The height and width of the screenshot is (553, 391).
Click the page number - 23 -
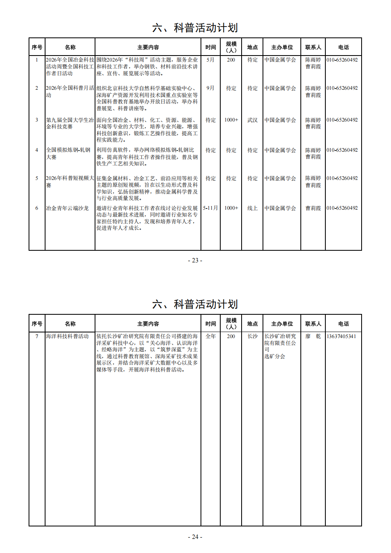(195, 260)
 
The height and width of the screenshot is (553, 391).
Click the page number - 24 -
(195, 537)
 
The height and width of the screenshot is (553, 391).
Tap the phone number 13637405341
(341, 336)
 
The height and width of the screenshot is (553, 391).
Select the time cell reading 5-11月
(210, 208)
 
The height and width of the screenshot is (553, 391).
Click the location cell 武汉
(252, 120)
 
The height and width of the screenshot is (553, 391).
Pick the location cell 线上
(252, 208)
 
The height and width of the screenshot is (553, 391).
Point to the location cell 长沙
(252, 336)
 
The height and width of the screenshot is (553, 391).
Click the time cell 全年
(211, 336)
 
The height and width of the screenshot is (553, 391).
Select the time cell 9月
(211, 88)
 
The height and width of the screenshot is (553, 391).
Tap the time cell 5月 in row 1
(211, 60)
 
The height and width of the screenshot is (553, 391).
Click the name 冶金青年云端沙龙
(67, 208)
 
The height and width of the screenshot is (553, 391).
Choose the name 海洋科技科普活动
(67, 336)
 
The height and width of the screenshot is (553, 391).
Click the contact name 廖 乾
(313, 336)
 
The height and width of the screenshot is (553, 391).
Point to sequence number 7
(37, 336)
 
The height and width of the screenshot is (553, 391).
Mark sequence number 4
(37, 150)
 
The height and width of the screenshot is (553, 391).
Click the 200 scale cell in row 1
(231, 60)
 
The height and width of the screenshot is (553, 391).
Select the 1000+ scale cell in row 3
(231, 120)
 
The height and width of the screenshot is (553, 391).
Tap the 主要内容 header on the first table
(148, 47)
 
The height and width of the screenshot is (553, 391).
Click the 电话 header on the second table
(343, 324)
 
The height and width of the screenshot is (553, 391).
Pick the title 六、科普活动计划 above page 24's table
(195, 304)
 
